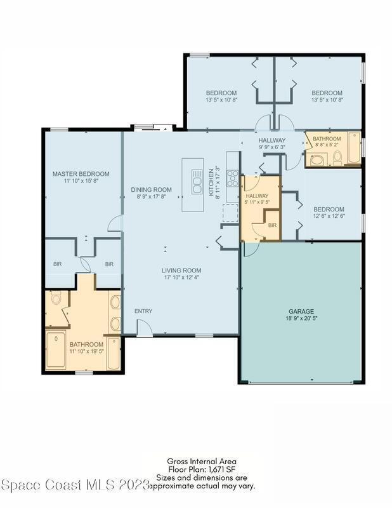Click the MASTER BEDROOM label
pyautogui.click(x=81, y=174)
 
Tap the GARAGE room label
pyautogui.click(x=301, y=311)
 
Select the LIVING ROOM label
pyautogui.click(x=181, y=271)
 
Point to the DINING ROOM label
pyautogui.click(x=151, y=189)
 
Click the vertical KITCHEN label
pyautogui.click(x=211, y=182)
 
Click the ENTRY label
pyautogui.click(x=143, y=311)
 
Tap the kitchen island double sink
pyautogui.click(x=197, y=182)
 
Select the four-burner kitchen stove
pyautogui.click(x=232, y=178)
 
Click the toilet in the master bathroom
pyautogui.click(x=56, y=298)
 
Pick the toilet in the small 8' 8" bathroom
pyautogui.click(x=337, y=157)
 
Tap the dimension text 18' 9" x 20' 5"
pyautogui.click(x=301, y=319)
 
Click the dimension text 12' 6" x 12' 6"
pyautogui.click(x=329, y=216)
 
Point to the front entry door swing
pyautogui.click(x=145, y=328)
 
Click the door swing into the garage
pyautogui.click(x=251, y=249)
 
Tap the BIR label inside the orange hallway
pyautogui.click(x=272, y=225)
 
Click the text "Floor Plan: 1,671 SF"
pyautogui.click(x=202, y=469)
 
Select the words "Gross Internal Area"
pyautogui.click(x=202, y=461)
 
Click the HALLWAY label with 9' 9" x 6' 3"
pyautogui.click(x=272, y=140)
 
